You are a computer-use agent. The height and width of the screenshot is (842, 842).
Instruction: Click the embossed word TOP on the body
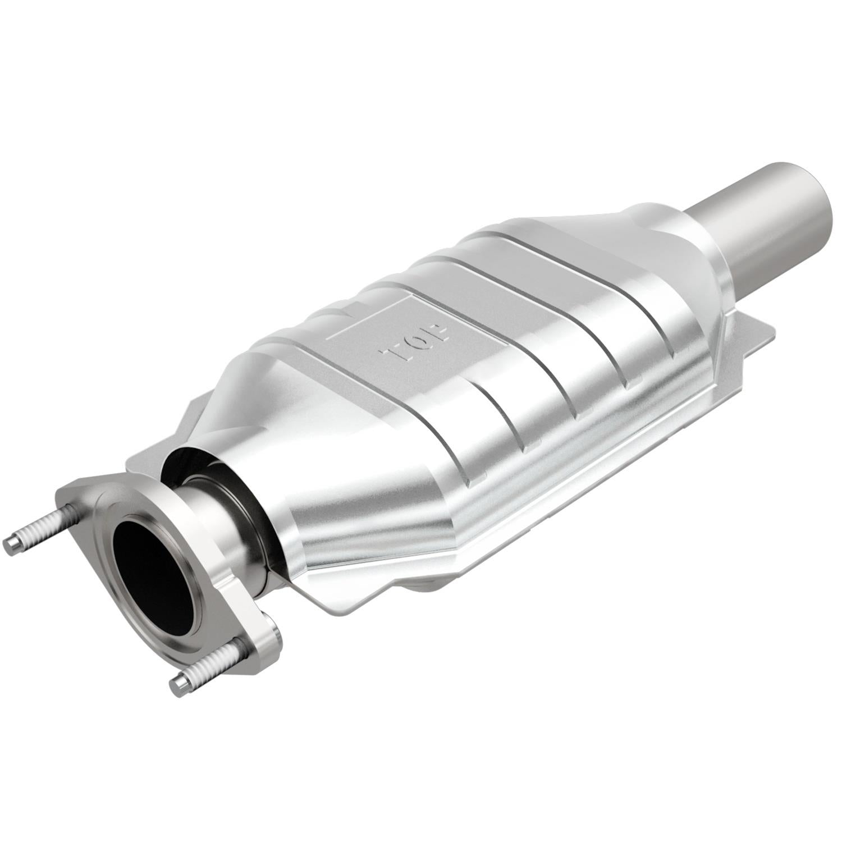click(416, 342)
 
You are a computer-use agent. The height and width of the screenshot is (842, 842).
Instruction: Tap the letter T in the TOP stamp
click(393, 353)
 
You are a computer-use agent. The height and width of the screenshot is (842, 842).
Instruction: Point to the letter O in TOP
click(416, 342)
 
